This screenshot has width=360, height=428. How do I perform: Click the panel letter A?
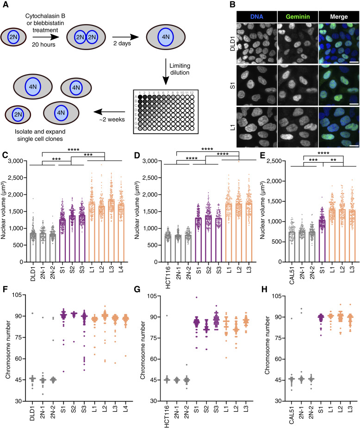tap(5, 5)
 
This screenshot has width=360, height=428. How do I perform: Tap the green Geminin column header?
tap(298, 17)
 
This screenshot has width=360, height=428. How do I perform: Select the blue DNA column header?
tap(257, 17)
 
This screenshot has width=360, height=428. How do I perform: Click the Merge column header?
tap(339, 17)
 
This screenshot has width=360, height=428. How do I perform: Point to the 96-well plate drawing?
tap(166, 112)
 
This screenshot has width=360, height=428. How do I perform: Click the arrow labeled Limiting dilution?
tap(166, 71)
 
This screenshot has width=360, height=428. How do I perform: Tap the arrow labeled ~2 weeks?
tap(109, 112)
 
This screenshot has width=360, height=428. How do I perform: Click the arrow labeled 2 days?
tap(125, 37)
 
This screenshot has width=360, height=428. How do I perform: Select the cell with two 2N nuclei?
tap(86, 37)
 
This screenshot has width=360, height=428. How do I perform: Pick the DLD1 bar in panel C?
tap(33, 247)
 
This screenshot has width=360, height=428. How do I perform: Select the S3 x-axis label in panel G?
tap(216, 409)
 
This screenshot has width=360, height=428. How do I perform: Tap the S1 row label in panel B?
tap(232, 85)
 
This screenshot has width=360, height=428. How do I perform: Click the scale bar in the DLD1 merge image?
tap(354, 62)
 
